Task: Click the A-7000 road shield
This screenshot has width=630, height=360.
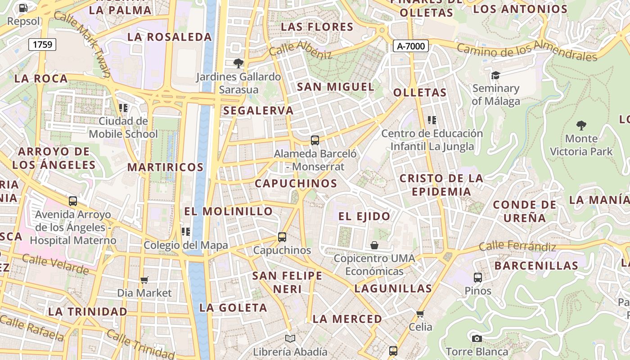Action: click(410, 45)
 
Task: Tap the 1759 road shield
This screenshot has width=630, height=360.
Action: click(43, 44)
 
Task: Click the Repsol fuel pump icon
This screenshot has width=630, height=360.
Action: click(23, 8)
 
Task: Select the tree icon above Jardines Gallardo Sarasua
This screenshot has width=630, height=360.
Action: click(238, 63)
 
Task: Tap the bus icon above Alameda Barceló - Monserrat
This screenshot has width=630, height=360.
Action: click(315, 140)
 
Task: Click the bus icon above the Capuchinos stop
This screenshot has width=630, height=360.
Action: click(282, 237)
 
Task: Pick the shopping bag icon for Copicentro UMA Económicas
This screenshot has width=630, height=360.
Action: click(374, 245)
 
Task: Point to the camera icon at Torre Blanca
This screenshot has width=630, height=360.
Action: click(477, 338)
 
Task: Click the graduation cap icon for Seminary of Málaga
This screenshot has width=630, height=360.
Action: click(495, 75)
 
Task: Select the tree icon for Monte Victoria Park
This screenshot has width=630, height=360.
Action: click(581, 125)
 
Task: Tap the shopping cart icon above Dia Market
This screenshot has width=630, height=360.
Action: click(144, 280)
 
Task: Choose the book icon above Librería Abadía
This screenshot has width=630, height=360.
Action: click(290, 338)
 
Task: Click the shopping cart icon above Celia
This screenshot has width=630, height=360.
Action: click(420, 314)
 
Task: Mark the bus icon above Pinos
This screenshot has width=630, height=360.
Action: click(478, 277)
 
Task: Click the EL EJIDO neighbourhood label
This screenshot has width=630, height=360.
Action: click(364, 216)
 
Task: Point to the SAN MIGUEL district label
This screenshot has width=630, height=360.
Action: click(336, 87)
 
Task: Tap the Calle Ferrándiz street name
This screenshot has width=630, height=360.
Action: click(517, 246)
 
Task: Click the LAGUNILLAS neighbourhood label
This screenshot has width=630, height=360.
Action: click(393, 288)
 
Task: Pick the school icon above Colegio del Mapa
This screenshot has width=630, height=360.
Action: click(185, 232)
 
